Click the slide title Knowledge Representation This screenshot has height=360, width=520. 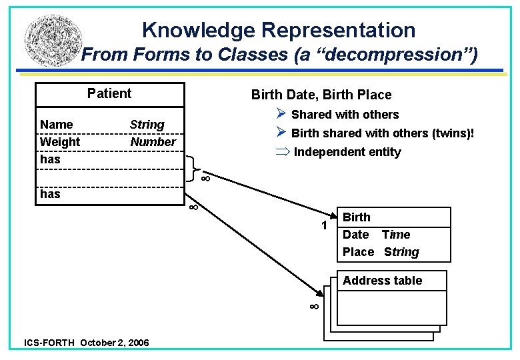tap(279, 30)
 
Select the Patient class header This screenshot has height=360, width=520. tap(109, 93)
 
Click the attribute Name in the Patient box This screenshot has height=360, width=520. tap(57, 125)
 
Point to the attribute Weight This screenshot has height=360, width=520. tap(60, 142)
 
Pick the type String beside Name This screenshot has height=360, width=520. tap(147, 125)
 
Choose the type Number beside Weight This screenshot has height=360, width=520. tap(153, 142)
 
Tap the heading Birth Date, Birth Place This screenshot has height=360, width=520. tap(321, 95)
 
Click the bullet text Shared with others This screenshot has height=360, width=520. tap(345, 115)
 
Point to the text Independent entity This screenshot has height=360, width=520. tap(347, 152)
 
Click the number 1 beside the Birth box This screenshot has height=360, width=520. tap(324, 226)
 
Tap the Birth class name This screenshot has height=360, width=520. tap(357, 217)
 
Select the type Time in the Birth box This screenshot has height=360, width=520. tap(396, 235)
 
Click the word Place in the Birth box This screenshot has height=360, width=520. tap(359, 252)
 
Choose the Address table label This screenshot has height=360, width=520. tap(382, 281)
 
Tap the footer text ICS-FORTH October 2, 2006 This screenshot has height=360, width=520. tap(87, 343)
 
